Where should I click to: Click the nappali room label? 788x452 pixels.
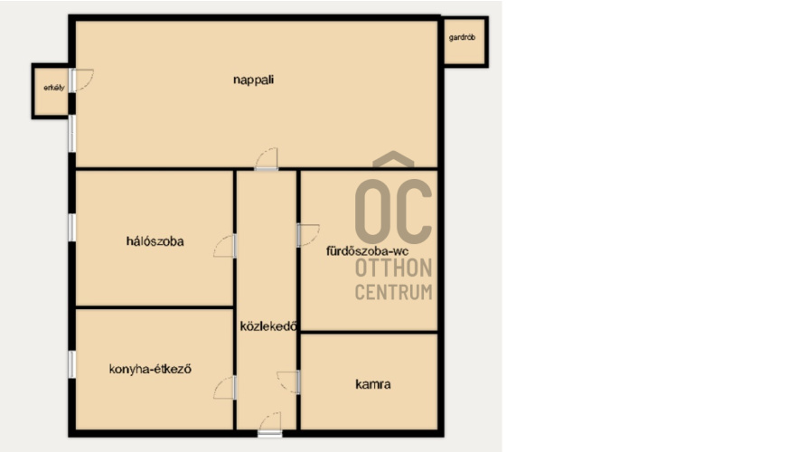pyautogui.click(x=253, y=80)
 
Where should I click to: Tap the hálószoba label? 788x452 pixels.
pyautogui.click(x=155, y=241)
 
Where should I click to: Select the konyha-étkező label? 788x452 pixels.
pyautogui.click(x=150, y=369)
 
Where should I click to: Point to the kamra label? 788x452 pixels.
pyautogui.click(x=373, y=384)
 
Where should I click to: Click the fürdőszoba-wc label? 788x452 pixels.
pyautogui.click(x=368, y=251)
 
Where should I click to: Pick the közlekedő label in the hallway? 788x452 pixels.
pyautogui.click(x=267, y=326)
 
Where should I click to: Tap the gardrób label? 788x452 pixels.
pyautogui.click(x=462, y=37)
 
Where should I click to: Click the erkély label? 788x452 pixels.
pyautogui.click(x=54, y=88)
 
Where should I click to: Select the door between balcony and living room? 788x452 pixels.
pyautogui.click(x=80, y=80)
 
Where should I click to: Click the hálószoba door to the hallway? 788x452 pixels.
pyautogui.click(x=225, y=246)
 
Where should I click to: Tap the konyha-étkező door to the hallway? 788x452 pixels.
pyautogui.click(x=225, y=388)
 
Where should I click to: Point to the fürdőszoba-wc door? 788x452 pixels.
pyautogui.click(x=307, y=235)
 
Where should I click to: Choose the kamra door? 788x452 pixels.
pyautogui.click(x=289, y=382)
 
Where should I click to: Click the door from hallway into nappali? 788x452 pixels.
pyautogui.click(x=267, y=159)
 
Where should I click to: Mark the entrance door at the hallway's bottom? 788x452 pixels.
pyautogui.click(x=270, y=424)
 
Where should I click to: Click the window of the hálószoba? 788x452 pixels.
pyautogui.click(x=72, y=227)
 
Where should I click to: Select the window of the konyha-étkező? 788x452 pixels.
pyautogui.click(x=72, y=364)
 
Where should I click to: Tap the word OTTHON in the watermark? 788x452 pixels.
pyautogui.click(x=393, y=268)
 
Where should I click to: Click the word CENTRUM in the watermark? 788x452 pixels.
pyautogui.click(x=393, y=292)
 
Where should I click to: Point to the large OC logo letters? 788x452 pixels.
pyautogui.click(x=393, y=212)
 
